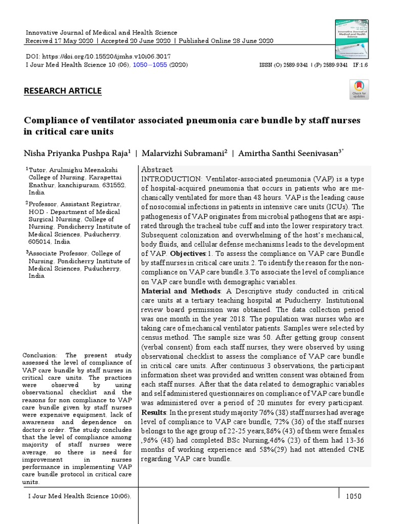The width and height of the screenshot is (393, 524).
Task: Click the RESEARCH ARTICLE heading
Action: (x=63, y=91)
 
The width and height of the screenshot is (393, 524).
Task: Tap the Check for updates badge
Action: (x=359, y=89)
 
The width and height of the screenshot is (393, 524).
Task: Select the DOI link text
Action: (x=98, y=56)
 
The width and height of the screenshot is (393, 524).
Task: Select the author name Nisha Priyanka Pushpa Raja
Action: (x=77, y=153)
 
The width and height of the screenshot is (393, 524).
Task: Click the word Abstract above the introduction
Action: (x=157, y=169)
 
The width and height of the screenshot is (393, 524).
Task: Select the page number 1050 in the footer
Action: (x=354, y=496)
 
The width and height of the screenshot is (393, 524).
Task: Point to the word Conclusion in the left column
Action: (x=42, y=355)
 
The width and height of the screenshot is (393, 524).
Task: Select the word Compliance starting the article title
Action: (x=49, y=120)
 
